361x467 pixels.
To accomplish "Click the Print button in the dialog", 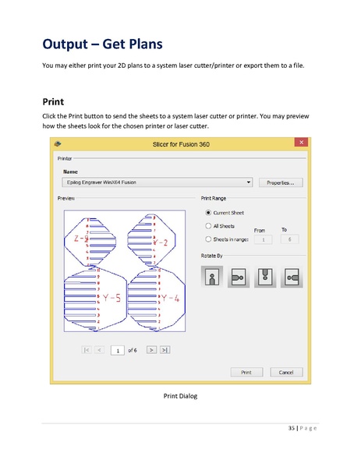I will [x=246, y=372].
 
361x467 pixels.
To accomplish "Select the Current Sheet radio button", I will [x=207, y=212].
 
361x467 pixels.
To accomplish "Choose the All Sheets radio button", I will [x=207, y=225].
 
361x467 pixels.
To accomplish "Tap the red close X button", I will [x=300, y=143].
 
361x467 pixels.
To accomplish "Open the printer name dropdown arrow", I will [x=249, y=182].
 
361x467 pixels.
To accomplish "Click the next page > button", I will [x=151, y=350].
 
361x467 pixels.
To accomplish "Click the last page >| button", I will [x=165, y=350].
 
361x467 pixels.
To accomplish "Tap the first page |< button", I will [x=87, y=350].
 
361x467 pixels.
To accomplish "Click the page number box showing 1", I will [x=118, y=350].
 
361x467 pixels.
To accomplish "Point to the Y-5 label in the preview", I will [x=111, y=298].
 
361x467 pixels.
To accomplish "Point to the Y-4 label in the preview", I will [x=171, y=298].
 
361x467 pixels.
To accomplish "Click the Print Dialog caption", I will [x=180, y=396].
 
